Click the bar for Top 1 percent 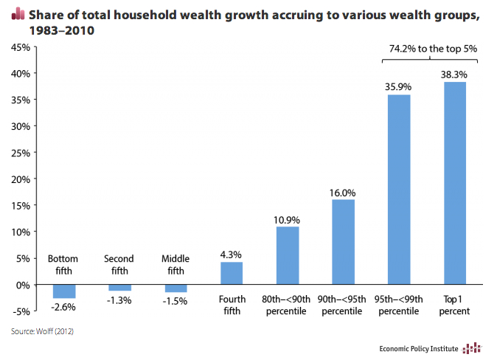(x=455, y=183)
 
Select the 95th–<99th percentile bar (x=399, y=190)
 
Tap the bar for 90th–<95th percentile (x=343, y=242)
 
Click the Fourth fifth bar (x=232, y=273)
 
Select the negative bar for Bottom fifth (x=63, y=291)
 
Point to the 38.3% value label (x=455, y=75)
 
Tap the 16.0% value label (x=343, y=192)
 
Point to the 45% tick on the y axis (x=20, y=47)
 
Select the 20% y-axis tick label (x=20, y=179)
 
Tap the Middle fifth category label (x=175, y=264)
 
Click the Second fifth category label (x=119, y=264)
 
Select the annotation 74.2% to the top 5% (x=433, y=49)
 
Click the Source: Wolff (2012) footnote (x=43, y=331)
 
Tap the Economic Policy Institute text (x=418, y=348)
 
